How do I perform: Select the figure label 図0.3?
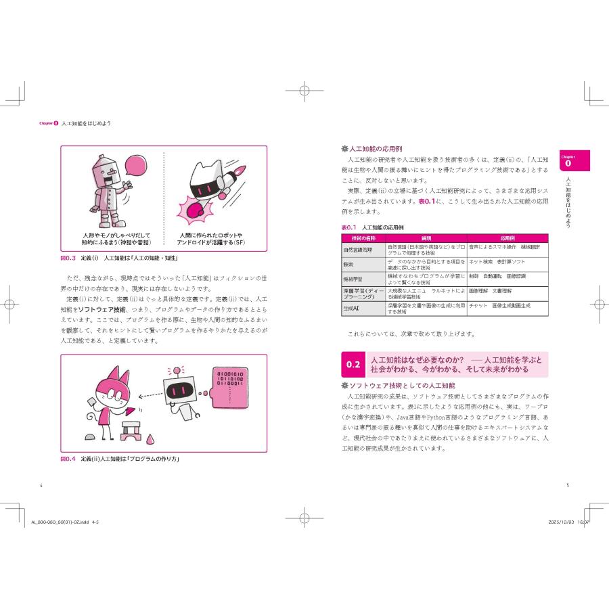coord(69,258)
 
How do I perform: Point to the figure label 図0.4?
coord(69,458)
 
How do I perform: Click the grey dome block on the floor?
coord(91,438)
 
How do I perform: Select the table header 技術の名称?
coord(363,238)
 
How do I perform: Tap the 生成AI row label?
coord(353,309)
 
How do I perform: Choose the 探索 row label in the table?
coord(348,263)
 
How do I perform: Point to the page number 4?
coord(42,484)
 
